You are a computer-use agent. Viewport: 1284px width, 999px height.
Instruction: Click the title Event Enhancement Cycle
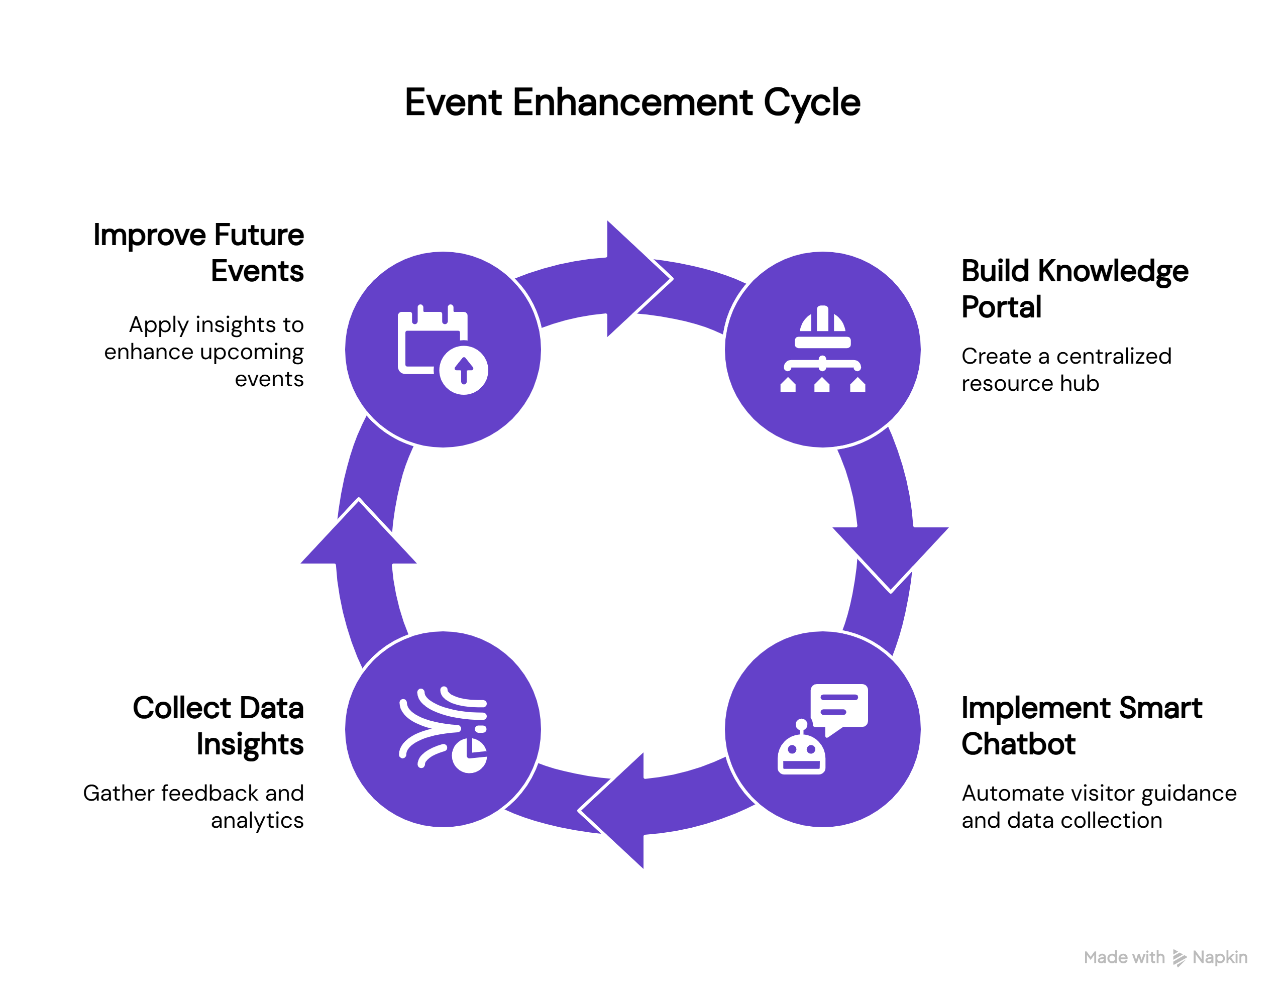coord(632,102)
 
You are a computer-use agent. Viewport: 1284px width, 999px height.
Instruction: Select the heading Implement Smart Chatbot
coord(1081,726)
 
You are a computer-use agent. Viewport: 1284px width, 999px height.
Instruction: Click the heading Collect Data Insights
coord(218,726)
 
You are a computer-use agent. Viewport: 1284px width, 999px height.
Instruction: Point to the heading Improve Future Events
coord(199,253)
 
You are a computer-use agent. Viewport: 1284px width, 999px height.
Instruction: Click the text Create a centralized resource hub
coord(1066,370)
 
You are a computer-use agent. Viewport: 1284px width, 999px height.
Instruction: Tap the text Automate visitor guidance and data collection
coord(1098,807)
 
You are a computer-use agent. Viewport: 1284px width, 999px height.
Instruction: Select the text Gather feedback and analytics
coord(194,807)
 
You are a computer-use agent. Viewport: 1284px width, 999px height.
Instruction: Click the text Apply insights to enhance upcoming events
coord(204,352)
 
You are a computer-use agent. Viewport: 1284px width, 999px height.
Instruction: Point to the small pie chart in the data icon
coord(469,756)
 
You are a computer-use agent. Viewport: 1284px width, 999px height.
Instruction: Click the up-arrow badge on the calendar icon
coord(464,370)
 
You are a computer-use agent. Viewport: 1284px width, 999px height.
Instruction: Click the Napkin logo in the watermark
coord(1179,958)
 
